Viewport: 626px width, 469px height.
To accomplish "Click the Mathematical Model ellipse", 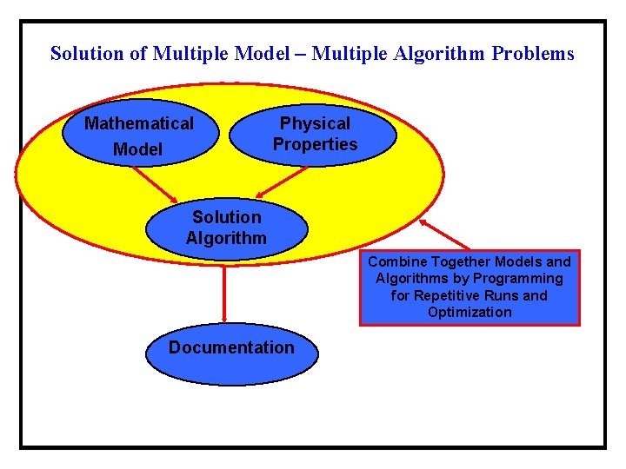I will click(139, 135).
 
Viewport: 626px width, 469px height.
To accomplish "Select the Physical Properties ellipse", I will click(314, 135).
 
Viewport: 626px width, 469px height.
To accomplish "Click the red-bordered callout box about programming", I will click(469, 287).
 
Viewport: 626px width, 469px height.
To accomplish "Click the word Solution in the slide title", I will click(87, 54).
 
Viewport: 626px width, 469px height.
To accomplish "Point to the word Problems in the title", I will click(533, 54).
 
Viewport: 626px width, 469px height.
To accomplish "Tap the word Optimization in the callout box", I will click(469, 313).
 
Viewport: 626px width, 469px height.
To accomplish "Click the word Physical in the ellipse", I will click(315, 123).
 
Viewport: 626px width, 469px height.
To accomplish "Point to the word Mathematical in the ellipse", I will click(139, 123).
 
